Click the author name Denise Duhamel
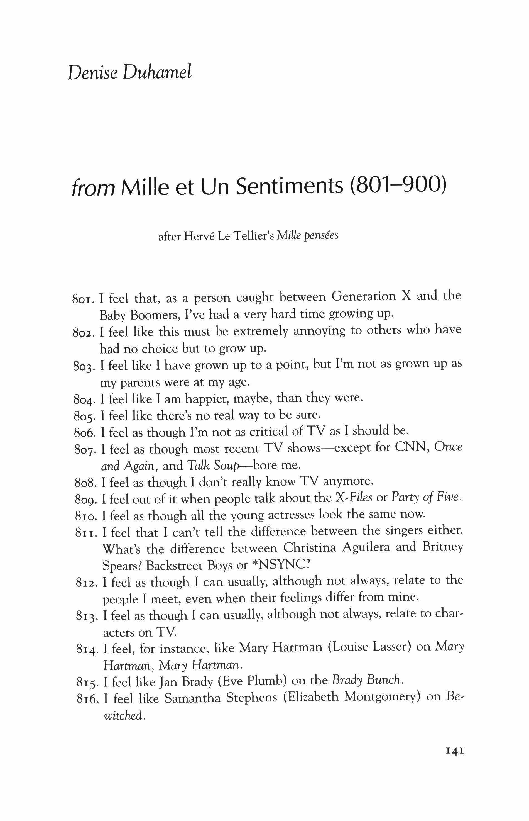coord(130,72)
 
